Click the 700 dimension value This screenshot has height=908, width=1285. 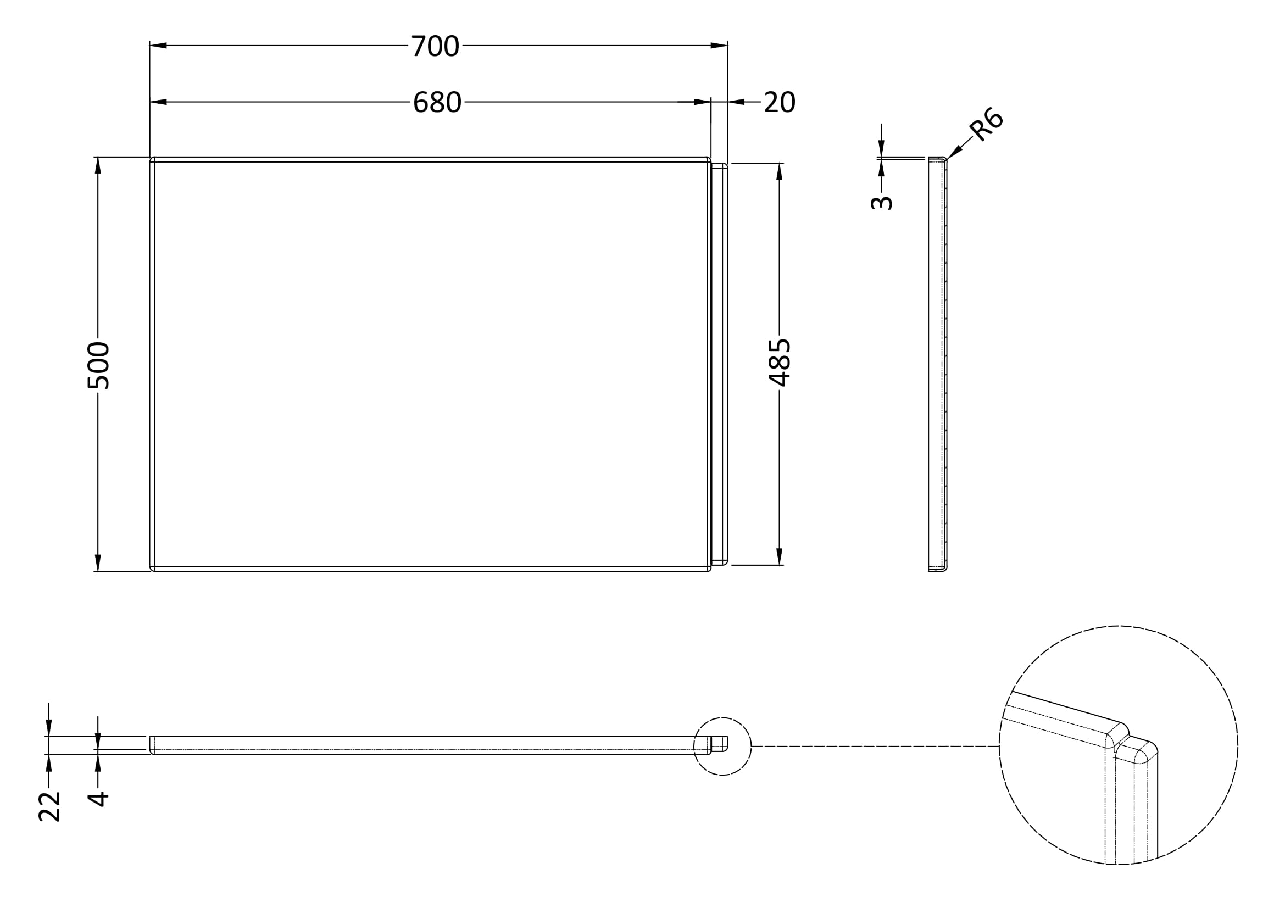(436, 46)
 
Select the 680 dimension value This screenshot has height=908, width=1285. (437, 102)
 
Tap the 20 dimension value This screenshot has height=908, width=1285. (779, 102)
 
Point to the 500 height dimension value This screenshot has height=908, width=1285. (98, 365)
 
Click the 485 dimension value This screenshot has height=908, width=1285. (779, 362)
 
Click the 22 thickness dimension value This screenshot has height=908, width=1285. (49, 806)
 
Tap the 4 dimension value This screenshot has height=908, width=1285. (98, 798)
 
